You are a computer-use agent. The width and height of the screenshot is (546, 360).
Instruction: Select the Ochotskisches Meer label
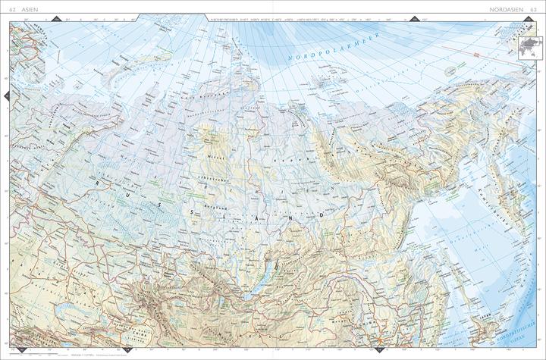tap(447, 227)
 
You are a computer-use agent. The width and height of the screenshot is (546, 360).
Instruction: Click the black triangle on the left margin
tap(5, 94)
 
